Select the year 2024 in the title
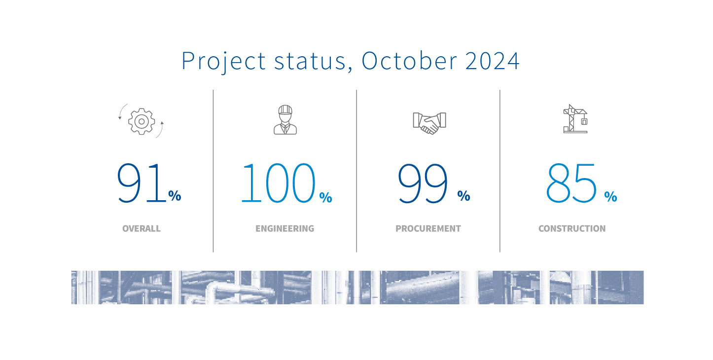(492, 60)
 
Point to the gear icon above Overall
(142, 121)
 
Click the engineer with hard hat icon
(285, 120)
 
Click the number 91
(141, 183)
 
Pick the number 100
(278, 183)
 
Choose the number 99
(423, 183)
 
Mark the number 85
(571, 183)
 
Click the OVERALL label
(142, 229)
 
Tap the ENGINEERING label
(285, 229)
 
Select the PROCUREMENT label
(428, 229)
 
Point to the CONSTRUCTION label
(572, 229)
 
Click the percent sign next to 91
(175, 196)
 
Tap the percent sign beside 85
(610, 197)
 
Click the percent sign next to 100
(325, 197)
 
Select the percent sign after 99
(463, 196)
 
